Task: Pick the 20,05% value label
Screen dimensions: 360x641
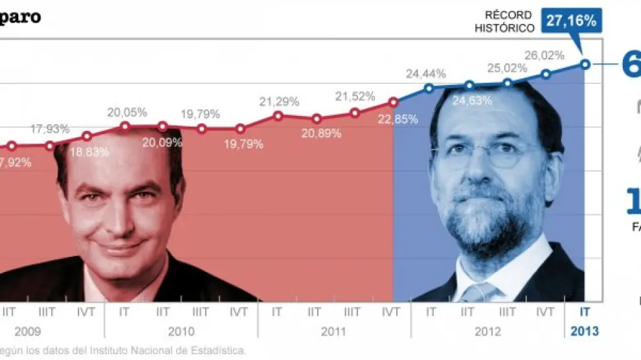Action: point(127,112)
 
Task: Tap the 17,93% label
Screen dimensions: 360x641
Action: point(50,128)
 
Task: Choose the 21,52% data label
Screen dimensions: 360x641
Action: point(355,96)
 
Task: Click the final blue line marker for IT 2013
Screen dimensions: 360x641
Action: point(585,63)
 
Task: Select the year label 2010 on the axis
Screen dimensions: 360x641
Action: point(182,332)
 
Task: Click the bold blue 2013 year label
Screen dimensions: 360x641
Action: point(585,332)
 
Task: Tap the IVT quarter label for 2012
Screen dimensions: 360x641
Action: point(546,311)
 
